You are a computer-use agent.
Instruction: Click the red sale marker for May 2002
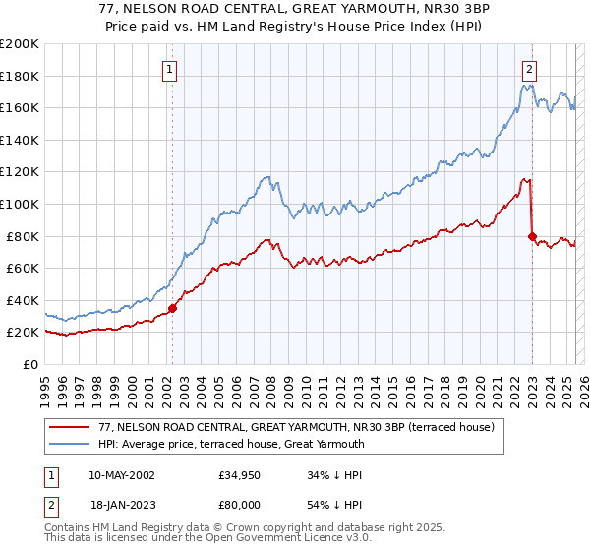[x=172, y=308]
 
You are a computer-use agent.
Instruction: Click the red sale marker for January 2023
[x=532, y=236]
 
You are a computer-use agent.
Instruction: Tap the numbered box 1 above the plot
[x=171, y=69]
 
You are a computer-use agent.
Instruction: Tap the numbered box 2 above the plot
[x=530, y=69]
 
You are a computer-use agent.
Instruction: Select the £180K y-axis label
[x=19, y=76]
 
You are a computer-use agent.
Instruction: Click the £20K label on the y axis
[x=22, y=333]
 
